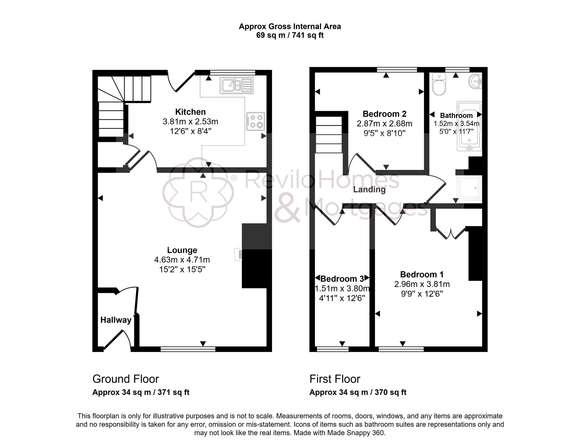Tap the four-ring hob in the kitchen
(x=255, y=121)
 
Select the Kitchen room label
(x=190, y=112)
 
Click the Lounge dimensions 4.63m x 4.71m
(x=182, y=260)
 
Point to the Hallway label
(x=116, y=320)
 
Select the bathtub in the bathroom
(x=469, y=126)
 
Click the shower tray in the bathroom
(x=469, y=188)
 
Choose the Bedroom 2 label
(x=384, y=114)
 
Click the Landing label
(x=369, y=190)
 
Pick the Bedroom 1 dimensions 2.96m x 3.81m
(x=422, y=284)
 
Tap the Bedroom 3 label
(x=342, y=279)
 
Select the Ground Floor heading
(x=126, y=379)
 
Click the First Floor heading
(x=335, y=379)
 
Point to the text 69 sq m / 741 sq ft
(x=290, y=35)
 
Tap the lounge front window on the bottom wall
(x=188, y=349)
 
